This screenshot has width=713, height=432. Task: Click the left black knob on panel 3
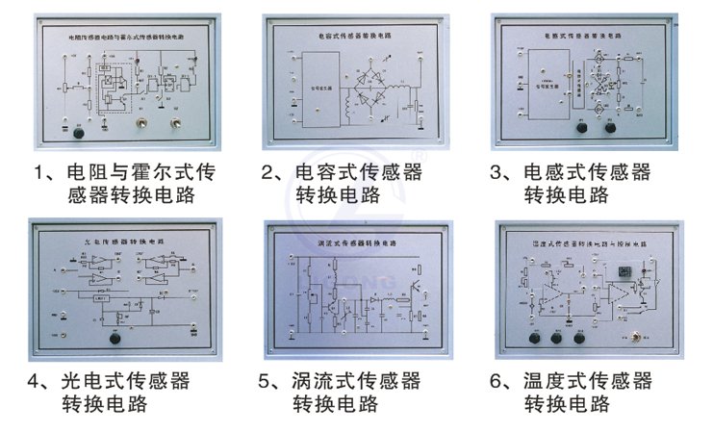click(x=581, y=127)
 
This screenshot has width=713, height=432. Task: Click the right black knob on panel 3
click(x=609, y=127)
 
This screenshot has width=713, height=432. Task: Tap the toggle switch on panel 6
click(x=635, y=337)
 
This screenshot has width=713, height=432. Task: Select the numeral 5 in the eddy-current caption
click(x=268, y=382)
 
